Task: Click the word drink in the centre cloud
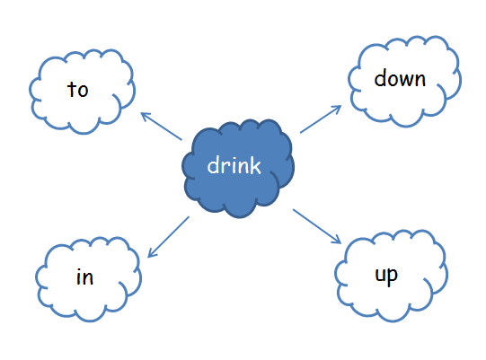tap(234, 165)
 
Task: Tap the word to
tap(78, 89)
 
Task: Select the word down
tap(400, 78)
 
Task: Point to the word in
tap(84, 277)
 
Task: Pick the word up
tap(386, 276)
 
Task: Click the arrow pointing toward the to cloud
tap(161, 126)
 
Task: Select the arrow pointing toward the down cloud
tap(321, 119)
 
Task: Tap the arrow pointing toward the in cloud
tap(168, 237)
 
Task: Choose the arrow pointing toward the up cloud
tap(317, 226)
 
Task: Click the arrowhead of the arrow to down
tap(337, 109)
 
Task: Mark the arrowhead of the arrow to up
tap(337, 240)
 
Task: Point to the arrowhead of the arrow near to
tap(145, 115)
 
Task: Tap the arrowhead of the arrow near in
tap(152, 253)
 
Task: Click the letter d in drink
tap(213, 165)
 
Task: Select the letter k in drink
tap(256, 165)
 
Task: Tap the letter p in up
tap(393, 277)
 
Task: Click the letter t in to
tap(72, 89)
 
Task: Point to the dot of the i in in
tap(79, 270)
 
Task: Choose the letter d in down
tap(380, 78)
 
